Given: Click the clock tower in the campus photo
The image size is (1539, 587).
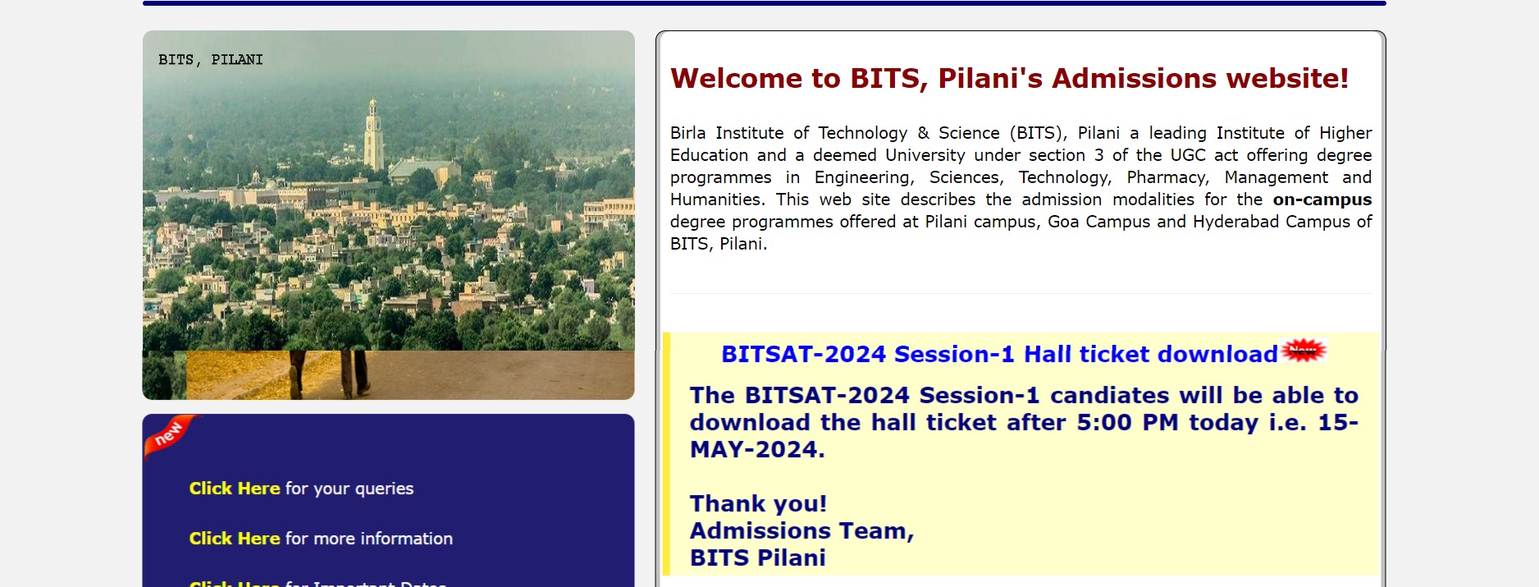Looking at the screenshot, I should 373,135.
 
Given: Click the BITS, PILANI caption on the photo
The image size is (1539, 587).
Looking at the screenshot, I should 211,60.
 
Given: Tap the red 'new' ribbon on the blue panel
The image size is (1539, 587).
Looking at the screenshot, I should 170,434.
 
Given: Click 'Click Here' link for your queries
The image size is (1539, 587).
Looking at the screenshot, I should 235,488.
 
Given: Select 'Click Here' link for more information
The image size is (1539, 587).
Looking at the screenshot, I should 235,539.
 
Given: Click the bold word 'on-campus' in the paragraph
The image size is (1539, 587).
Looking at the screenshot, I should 1322,199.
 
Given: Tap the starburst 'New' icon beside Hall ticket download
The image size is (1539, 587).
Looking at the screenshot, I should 1304,351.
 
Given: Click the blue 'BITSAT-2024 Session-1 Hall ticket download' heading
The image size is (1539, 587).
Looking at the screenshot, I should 998,355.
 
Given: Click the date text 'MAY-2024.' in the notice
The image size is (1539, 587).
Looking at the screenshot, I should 757,450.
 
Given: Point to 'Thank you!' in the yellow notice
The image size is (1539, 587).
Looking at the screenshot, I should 758,503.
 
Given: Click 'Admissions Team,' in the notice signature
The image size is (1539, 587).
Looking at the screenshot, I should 801,531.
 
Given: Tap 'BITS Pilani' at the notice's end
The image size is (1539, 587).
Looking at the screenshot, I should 757,558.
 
